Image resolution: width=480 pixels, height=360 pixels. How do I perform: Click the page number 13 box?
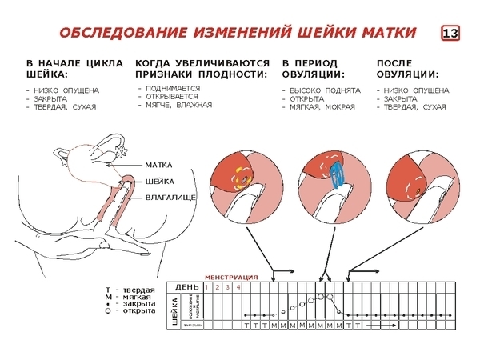(450, 34)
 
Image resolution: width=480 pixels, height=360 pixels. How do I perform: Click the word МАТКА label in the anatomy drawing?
(158, 165)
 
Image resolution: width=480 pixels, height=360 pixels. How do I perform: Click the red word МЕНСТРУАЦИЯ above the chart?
(234, 276)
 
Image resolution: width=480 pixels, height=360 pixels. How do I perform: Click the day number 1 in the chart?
(206, 286)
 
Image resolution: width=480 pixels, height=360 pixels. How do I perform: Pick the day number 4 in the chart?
(238, 286)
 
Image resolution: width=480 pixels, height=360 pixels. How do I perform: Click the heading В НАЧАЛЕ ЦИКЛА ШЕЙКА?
(74, 68)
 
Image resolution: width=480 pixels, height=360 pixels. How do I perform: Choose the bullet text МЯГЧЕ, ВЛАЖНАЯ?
(178, 105)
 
